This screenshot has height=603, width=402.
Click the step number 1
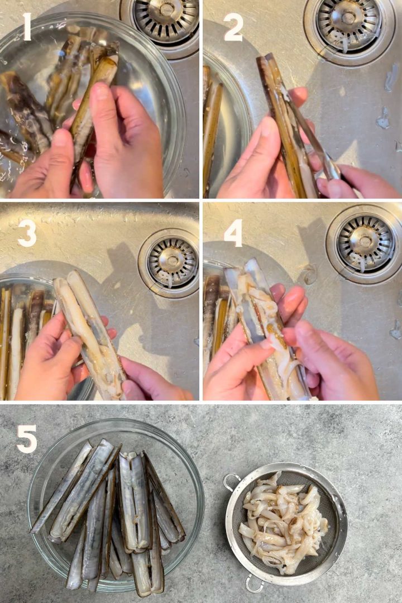tap(27, 26)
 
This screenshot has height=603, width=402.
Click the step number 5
tap(26, 439)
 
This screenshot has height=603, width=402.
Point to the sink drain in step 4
tap(365, 243)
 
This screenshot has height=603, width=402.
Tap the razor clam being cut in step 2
tap(285, 128)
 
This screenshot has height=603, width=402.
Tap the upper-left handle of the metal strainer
tap(231, 482)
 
